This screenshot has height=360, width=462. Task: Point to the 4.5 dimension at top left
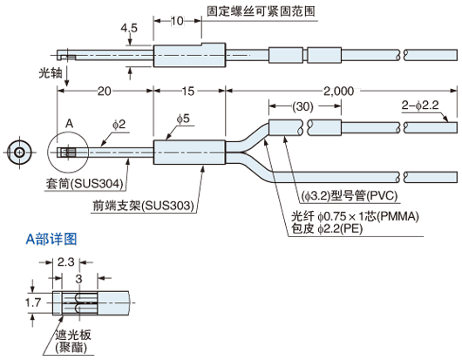[130, 28]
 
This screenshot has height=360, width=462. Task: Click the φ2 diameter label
[120, 126]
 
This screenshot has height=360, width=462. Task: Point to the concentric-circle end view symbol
[19, 153]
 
